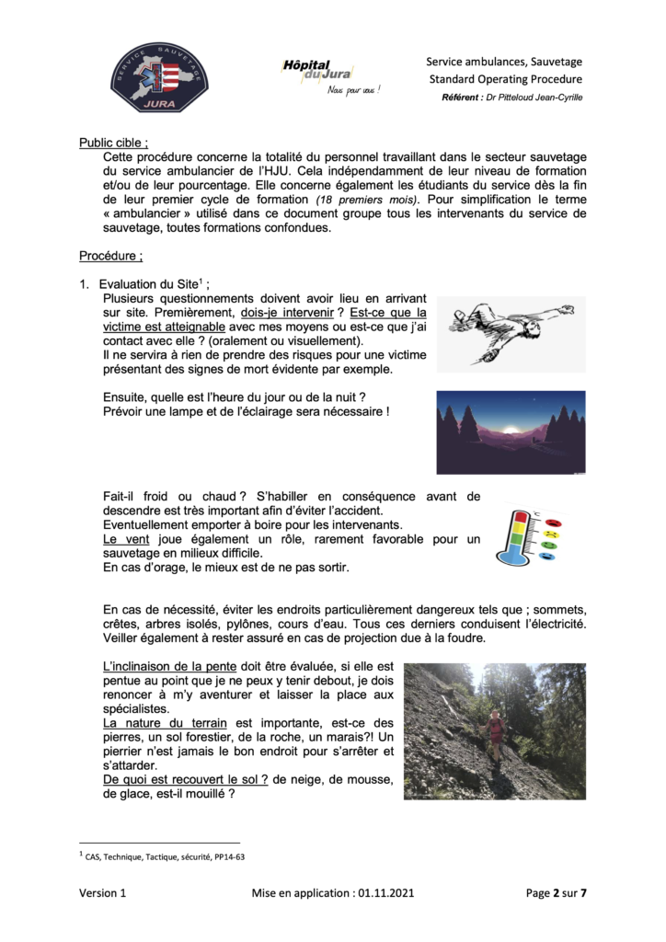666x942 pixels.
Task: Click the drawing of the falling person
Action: [511, 332]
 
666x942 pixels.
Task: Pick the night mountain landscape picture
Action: [511, 431]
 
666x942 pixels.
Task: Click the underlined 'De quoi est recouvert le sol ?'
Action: [185, 780]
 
